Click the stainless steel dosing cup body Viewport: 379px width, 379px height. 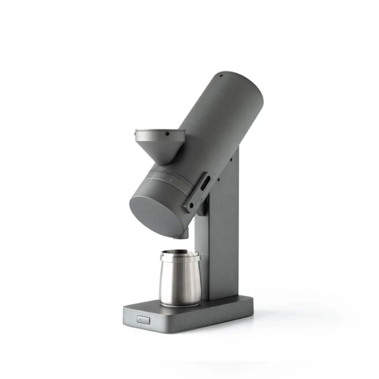coord(180,282)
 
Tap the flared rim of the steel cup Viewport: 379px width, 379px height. coord(180,258)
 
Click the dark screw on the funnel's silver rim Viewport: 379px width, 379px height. coord(166,133)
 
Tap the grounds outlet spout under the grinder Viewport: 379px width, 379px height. coord(181,235)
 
